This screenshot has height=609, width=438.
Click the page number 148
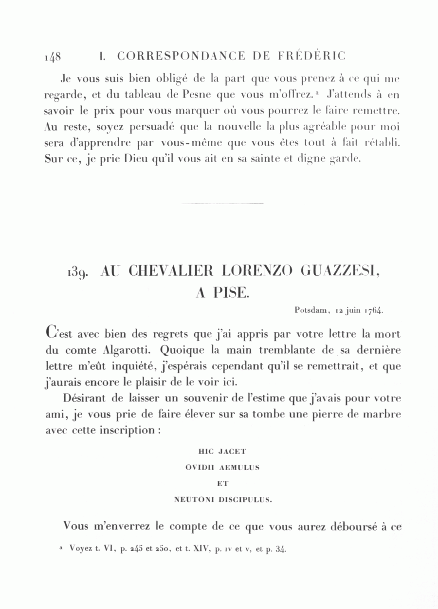pyautogui.click(x=52, y=56)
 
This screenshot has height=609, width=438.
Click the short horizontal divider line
pyautogui.click(x=221, y=203)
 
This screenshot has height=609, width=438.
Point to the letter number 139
pyautogui.click(x=77, y=273)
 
